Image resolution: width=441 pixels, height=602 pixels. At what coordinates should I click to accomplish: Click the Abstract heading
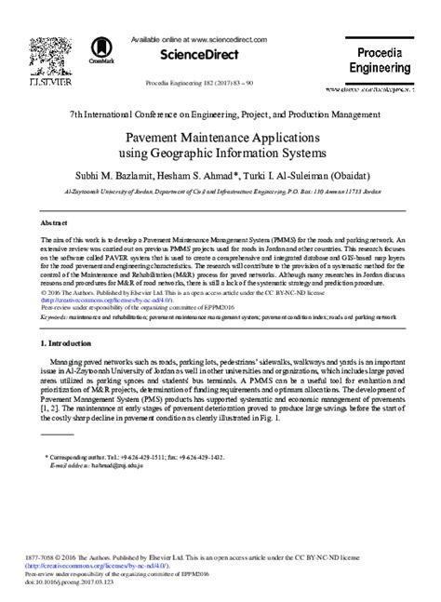tap(55, 224)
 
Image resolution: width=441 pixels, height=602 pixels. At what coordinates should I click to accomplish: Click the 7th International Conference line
tap(220, 113)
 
